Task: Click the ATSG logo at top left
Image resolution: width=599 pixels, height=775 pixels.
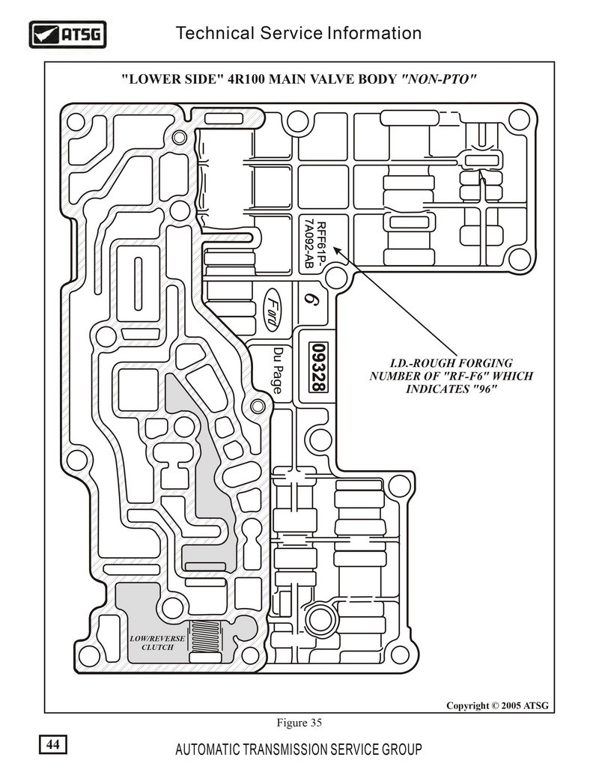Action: [x=67, y=34]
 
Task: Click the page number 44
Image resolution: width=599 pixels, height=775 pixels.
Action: [x=53, y=744]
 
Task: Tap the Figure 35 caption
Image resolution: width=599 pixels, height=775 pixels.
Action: [x=299, y=723]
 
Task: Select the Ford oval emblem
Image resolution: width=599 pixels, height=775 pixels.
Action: [x=270, y=309]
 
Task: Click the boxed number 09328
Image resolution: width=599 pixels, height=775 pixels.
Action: [x=317, y=367]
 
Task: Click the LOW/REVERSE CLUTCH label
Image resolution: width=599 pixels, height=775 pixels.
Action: [x=157, y=642]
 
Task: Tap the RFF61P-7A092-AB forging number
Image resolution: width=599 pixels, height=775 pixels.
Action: [x=314, y=245]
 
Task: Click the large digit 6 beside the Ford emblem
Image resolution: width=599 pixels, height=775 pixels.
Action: [x=311, y=300]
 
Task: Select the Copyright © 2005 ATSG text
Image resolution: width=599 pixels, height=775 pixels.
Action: [x=497, y=705]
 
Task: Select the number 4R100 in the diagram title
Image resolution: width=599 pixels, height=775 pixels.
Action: [x=246, y=79]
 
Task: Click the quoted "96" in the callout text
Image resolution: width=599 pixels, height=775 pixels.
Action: [x=484, y=389]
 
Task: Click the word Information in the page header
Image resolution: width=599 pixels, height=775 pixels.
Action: [x=374, y=33]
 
